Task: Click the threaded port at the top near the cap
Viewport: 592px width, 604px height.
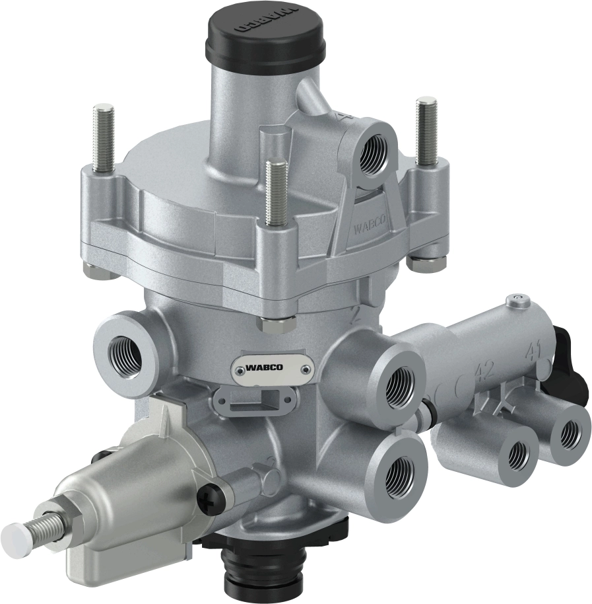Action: [373, 151]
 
